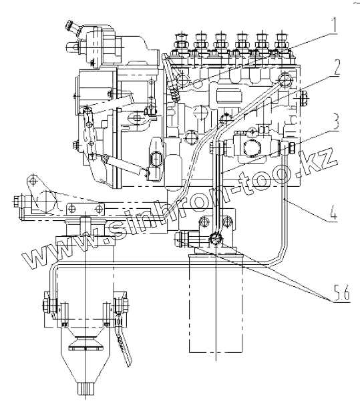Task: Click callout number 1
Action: click(335, 24)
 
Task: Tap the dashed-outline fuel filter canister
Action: click(216, 303)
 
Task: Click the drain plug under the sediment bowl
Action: click(85, 388)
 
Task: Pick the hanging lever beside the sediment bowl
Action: click(123, 342)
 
